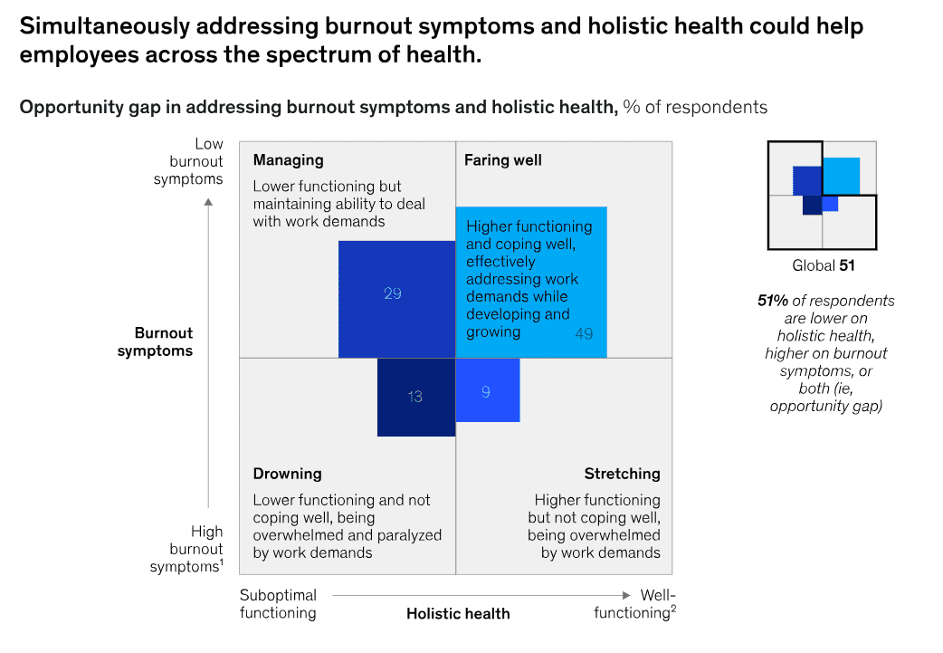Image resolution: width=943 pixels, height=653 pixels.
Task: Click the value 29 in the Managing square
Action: point(392,293)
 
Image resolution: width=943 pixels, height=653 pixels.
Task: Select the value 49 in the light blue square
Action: point(584,333)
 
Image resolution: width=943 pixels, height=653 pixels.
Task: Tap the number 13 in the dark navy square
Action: point(414,397)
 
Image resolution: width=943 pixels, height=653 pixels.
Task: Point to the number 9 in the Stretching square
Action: point(486,391)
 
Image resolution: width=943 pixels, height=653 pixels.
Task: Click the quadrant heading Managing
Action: point(288,160)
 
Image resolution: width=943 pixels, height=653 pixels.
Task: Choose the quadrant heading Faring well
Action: point(503,160)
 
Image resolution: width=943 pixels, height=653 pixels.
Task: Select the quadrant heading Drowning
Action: point(287,474)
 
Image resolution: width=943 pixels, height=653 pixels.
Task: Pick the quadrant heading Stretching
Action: point(622,474)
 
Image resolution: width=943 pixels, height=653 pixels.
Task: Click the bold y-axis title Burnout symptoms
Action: point(156,341)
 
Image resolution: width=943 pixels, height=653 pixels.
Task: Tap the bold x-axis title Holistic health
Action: point(458,613)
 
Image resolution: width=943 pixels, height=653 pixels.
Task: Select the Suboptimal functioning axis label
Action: point(278,604)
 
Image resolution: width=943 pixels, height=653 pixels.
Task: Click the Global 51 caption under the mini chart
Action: point(823,266)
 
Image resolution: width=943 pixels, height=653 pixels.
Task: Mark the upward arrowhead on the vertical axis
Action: point(209,202)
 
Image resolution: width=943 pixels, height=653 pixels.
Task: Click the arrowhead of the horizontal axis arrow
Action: point(625,595)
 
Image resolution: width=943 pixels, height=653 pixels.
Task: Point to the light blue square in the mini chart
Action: point(842,176)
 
